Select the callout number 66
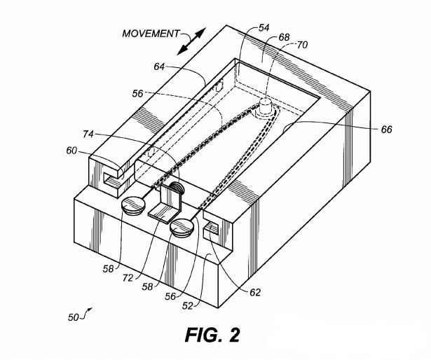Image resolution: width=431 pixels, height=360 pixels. point(388,130)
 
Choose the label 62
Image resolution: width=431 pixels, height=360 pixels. point(254,292)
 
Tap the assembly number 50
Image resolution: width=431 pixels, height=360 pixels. point(74,317)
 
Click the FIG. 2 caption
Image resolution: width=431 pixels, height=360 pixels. point(212,334)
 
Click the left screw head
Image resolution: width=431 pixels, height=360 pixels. point(133,207)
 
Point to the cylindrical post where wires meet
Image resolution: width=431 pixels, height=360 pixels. point(266,106)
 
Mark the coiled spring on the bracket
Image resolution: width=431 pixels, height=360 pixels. point(176,188)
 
